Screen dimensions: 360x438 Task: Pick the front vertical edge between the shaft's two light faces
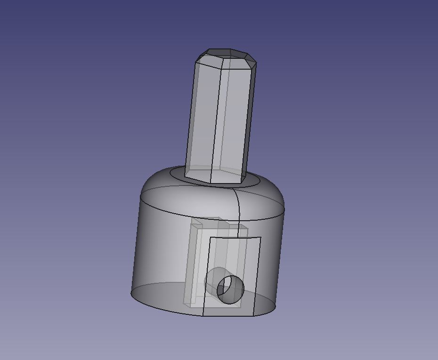pyautogui.click(x=216, y=118)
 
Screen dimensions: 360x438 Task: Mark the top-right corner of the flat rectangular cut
pyautogui.click(x=260, y=238)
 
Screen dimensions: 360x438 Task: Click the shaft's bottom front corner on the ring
pyautogui.click(x=210, y=183)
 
